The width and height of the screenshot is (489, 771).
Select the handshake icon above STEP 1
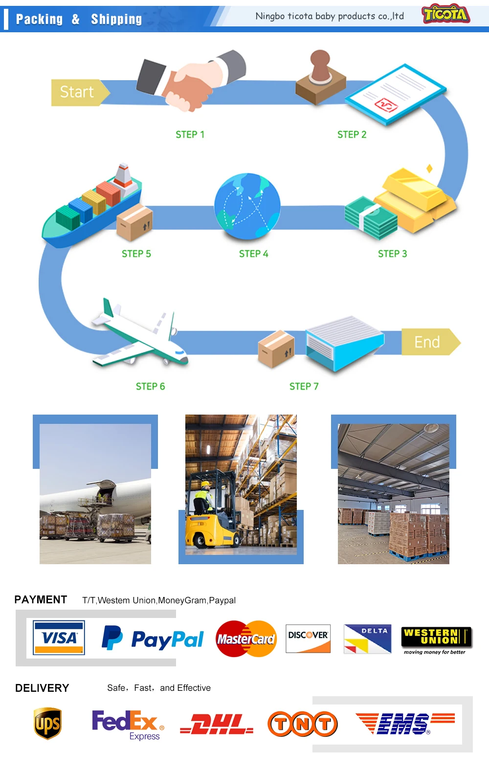[x=191, y=81]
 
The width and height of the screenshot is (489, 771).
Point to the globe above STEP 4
[x=247, y=206]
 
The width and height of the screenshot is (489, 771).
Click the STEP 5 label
[x=136, y=254]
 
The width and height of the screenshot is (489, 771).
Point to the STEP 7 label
[x=304, y=387]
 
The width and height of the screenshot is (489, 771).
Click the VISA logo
[x=59, y=638]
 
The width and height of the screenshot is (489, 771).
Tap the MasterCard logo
[x=246, y=639]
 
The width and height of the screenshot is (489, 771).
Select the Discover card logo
[x=308, y=639]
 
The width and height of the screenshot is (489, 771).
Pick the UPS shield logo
[x=47, y=724]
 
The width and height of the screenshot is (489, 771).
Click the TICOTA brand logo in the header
[x=445, y=15]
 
